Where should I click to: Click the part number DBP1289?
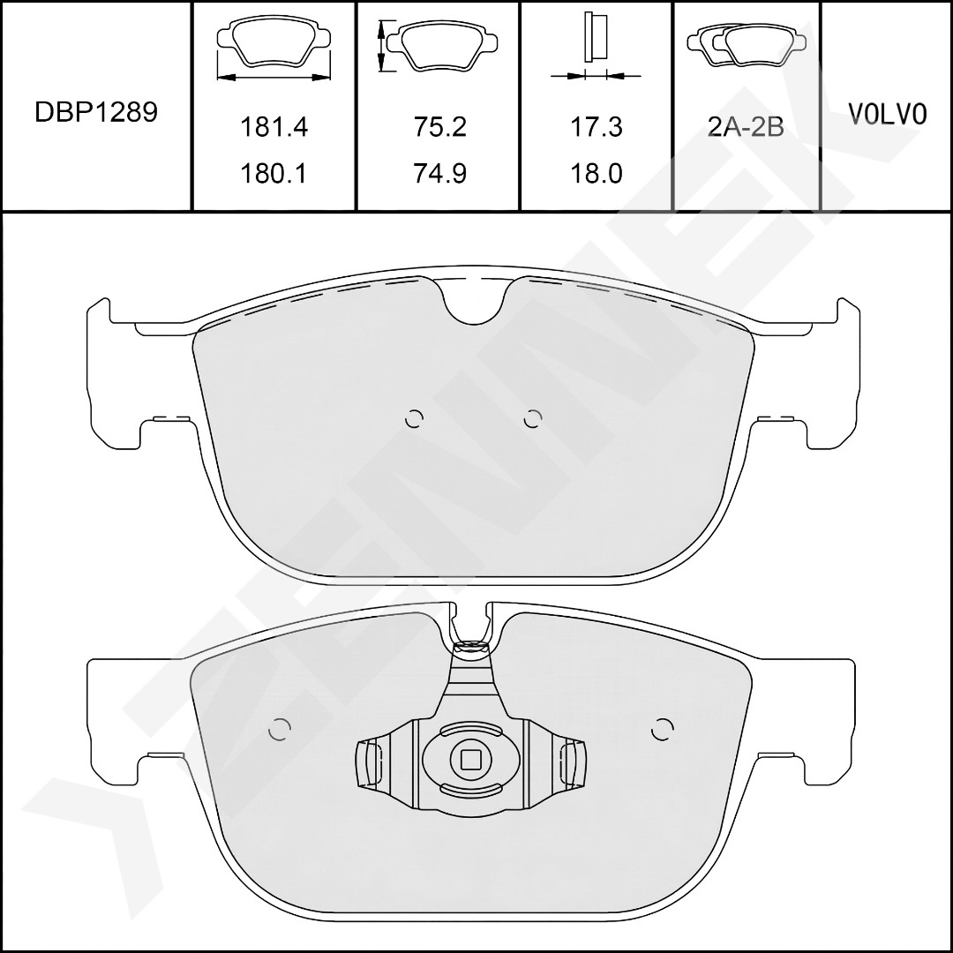point(96,112)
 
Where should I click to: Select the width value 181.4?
point(274,127)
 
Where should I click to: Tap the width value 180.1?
point(274,174)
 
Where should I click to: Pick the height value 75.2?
point(440,127)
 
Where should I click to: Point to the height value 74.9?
point(440,174)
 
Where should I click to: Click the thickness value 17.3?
point(597,127)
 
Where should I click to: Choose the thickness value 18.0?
point(597,174)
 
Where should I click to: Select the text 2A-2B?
point(747,127)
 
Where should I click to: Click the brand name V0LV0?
point(888,114)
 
